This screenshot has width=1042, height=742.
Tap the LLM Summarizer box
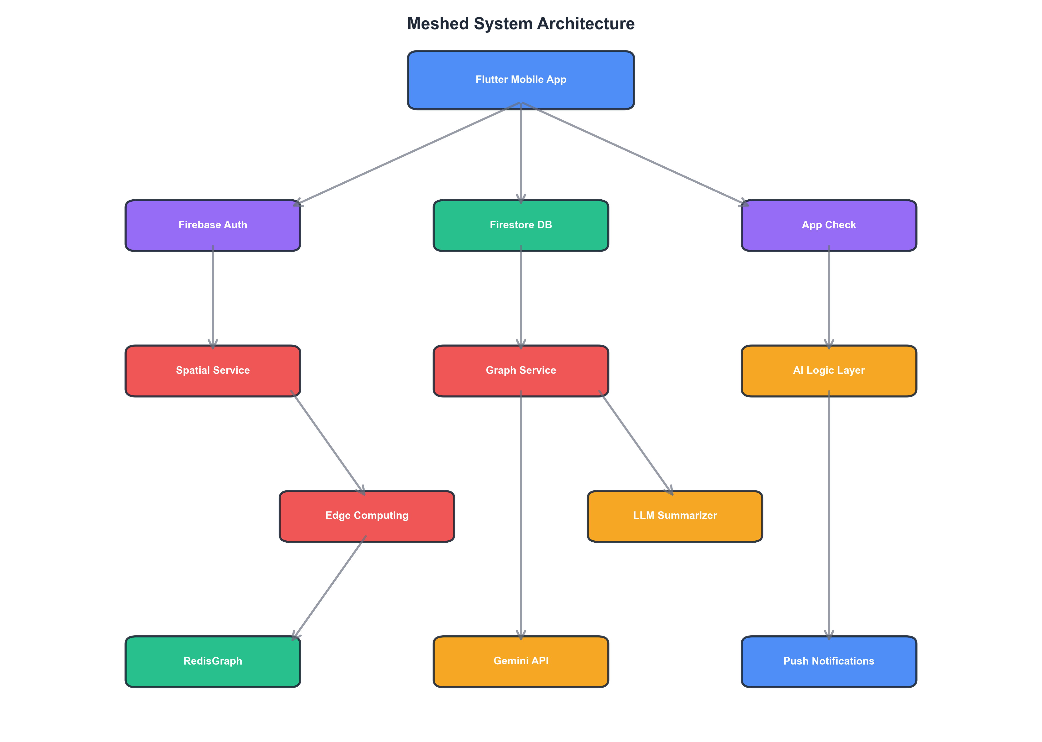tap(675, 516)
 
